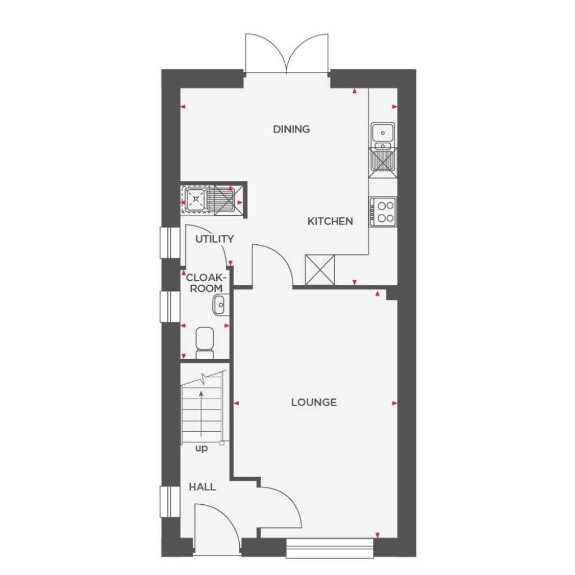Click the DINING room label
pos(291,129)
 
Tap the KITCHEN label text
pos(330,221)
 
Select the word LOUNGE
pos(314,402)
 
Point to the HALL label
pos(202,487)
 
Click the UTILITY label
pos(215,239)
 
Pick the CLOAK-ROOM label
pos(207,282)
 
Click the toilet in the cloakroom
pos(204,343)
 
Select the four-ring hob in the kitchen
pos(383,212)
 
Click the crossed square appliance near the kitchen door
pos(320,270)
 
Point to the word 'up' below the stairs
pos(201,448)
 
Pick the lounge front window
pos(330,548)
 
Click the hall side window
pos(166,501)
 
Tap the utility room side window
pos(166,243)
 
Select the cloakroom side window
pos(166,307)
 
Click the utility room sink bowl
pos(195,198)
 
